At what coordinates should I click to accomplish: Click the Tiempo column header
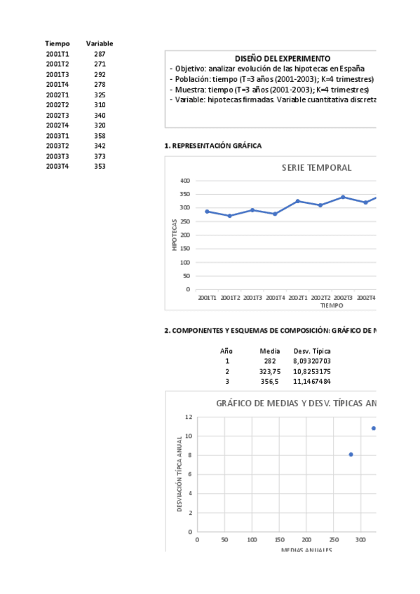click(57, 43)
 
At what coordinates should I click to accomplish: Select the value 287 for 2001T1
click(100, 54)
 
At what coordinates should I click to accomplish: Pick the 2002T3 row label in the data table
click(57, 116)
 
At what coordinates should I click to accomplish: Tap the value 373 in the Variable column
click(100, 156)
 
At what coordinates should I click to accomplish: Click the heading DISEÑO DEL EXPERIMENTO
click(283, 59)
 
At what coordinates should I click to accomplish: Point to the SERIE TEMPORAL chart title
click(316, 168)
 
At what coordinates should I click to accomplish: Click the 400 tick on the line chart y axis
click(185, 181)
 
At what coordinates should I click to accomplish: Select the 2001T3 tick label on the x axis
click(252, 298)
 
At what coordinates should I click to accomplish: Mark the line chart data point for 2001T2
click(230, 216)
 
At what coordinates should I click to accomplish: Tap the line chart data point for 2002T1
click(298, 201)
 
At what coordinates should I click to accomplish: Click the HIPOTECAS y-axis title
click(175, 235)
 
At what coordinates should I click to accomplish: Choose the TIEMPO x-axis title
click(332, 305)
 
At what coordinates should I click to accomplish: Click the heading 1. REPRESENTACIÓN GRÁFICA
click(212, 146)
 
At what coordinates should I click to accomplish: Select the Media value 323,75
click(270, 371)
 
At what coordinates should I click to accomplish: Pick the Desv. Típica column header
click(312, 351)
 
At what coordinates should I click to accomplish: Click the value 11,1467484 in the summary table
click(312, 382)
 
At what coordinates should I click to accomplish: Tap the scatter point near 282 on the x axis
click(351, 455)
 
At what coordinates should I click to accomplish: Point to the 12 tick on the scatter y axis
click(189, 417)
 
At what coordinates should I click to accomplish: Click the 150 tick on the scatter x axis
click(279, 540)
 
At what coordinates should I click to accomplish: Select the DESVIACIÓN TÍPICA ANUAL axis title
click(180, 474)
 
